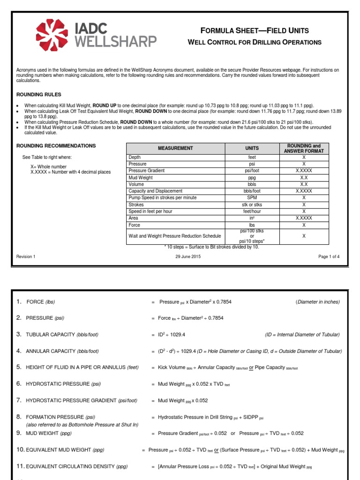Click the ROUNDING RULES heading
(39, 94)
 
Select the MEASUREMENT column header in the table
(175, 148)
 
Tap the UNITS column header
(252, 148)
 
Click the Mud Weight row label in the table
(141, 178)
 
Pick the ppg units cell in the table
(252, 178)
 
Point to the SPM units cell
(252, 198)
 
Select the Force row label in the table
(135, 225)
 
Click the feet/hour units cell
(252, 211)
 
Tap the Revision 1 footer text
(26, 256)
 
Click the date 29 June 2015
(188, 256)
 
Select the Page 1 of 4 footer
(329, 256)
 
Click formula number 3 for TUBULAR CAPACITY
(19, 334)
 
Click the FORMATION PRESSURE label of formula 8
(61, 417)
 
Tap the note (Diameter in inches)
(318, 302)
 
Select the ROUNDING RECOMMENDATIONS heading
(56, 146)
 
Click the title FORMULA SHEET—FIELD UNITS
(255, 31)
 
